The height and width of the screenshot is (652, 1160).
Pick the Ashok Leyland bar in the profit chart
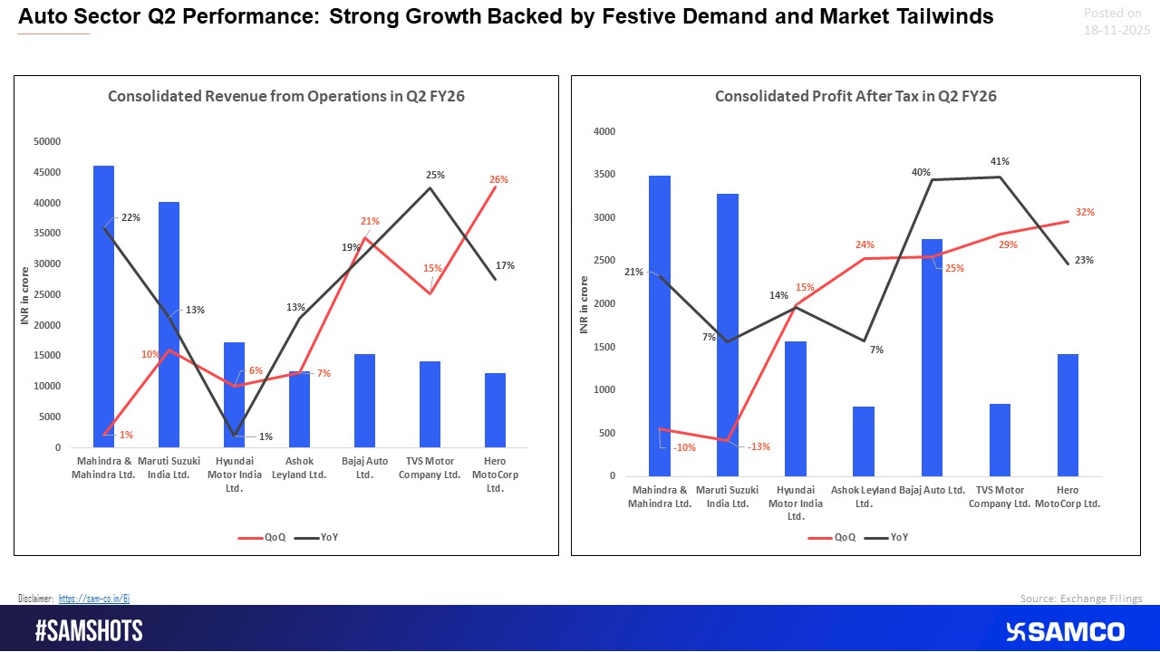pos(864,441)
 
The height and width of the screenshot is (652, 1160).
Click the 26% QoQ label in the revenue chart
pos(498,179)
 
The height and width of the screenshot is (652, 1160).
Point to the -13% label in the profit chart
pos(758,446)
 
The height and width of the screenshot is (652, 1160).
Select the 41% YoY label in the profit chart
pos(1000,161)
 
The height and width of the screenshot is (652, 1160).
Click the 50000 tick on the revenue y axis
pos(45,141)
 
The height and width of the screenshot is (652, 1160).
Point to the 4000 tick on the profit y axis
pos(604,131)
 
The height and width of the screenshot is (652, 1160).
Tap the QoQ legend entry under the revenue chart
pos(263,537)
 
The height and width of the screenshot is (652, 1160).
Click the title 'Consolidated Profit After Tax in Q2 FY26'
pos(855,96)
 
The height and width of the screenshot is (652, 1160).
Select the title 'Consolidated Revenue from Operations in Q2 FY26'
pos(286,97)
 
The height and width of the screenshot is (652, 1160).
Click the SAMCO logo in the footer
pos(1065,631)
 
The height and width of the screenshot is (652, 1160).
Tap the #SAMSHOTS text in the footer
pos(89,631)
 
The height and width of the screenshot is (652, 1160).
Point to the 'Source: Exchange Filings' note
pos(1081,599)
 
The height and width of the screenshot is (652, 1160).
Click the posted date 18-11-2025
pos(1116,30)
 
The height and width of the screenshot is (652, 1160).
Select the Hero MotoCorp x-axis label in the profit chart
pos(1068,497)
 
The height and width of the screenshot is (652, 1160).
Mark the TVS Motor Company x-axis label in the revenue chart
pos(429,468)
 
